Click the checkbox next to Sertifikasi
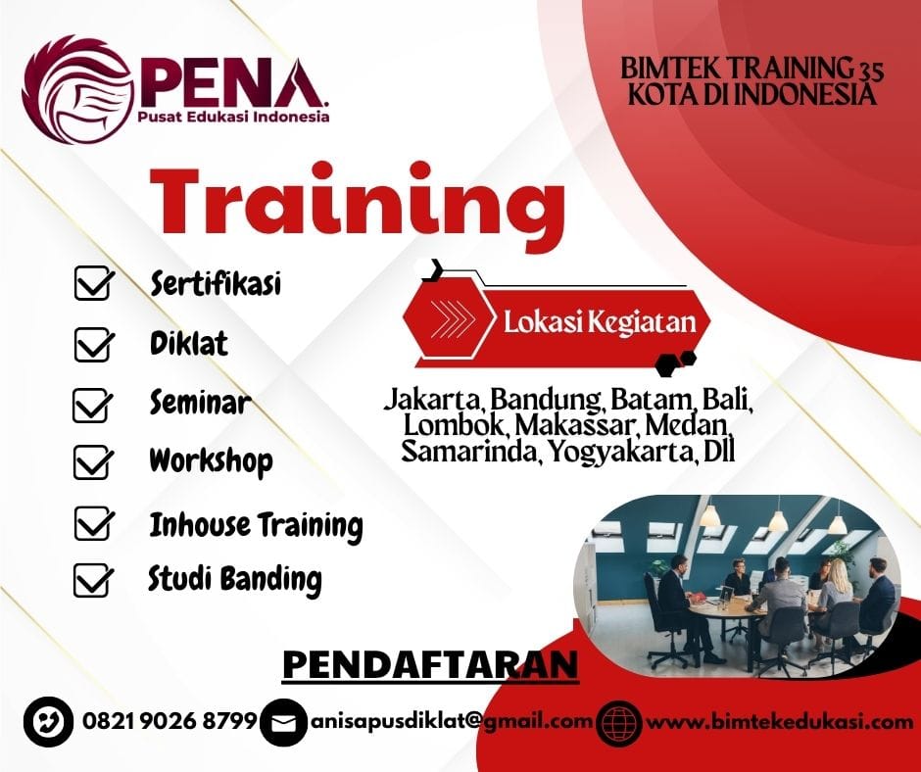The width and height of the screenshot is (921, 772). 93,286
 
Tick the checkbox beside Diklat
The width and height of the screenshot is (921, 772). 93,345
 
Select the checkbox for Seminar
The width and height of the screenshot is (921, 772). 93,405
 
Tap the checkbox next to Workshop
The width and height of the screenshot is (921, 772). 93,461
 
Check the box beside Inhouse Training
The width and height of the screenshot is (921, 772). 93,525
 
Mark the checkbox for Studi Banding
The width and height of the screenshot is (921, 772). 93,581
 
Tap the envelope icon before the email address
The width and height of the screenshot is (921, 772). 283,723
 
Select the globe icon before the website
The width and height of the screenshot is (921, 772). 618,723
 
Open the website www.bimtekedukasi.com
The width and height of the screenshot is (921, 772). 780,722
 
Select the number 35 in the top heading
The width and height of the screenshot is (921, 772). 864,69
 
